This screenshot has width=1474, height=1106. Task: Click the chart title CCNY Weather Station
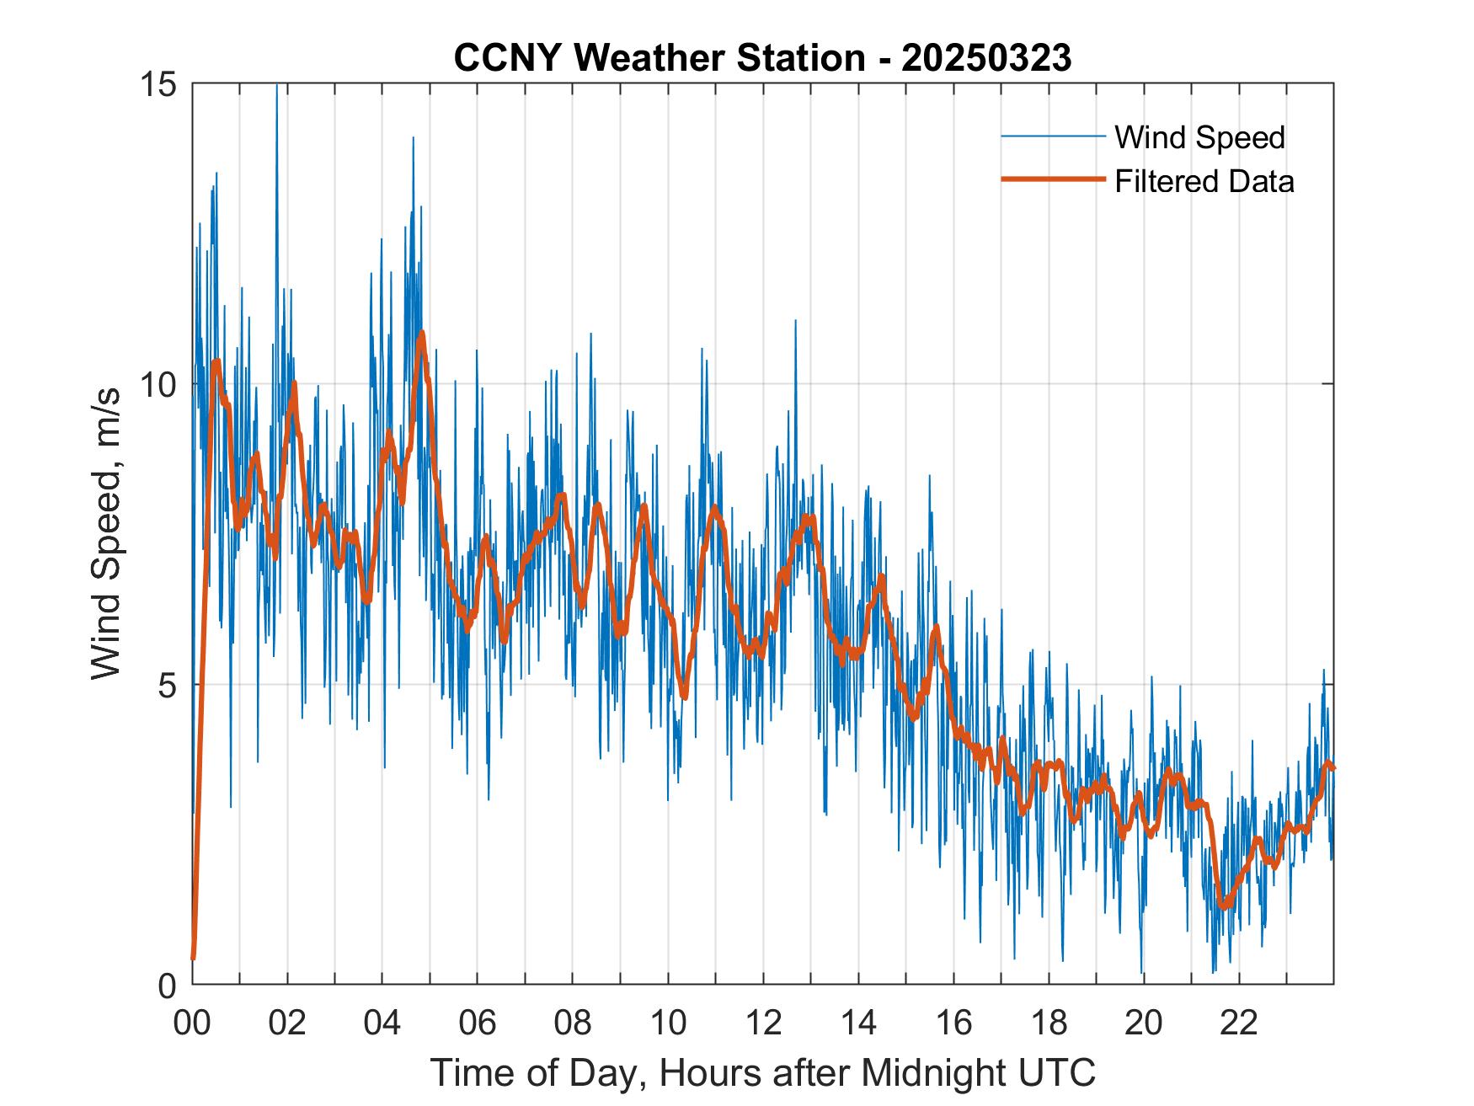[659, 58]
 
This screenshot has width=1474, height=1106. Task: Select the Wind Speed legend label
[1199, 137]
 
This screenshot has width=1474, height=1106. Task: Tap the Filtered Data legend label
[1204, 181]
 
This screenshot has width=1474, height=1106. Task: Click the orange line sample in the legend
[1053, 179]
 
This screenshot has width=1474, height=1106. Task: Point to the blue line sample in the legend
[1053, 136]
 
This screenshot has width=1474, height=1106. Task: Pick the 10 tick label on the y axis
[160, 385]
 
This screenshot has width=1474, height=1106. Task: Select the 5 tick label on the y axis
[169, 686]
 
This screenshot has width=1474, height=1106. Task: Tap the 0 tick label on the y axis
[169, 986]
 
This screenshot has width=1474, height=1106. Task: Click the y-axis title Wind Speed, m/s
[106, 534]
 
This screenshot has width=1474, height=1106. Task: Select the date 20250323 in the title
[986, 58]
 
